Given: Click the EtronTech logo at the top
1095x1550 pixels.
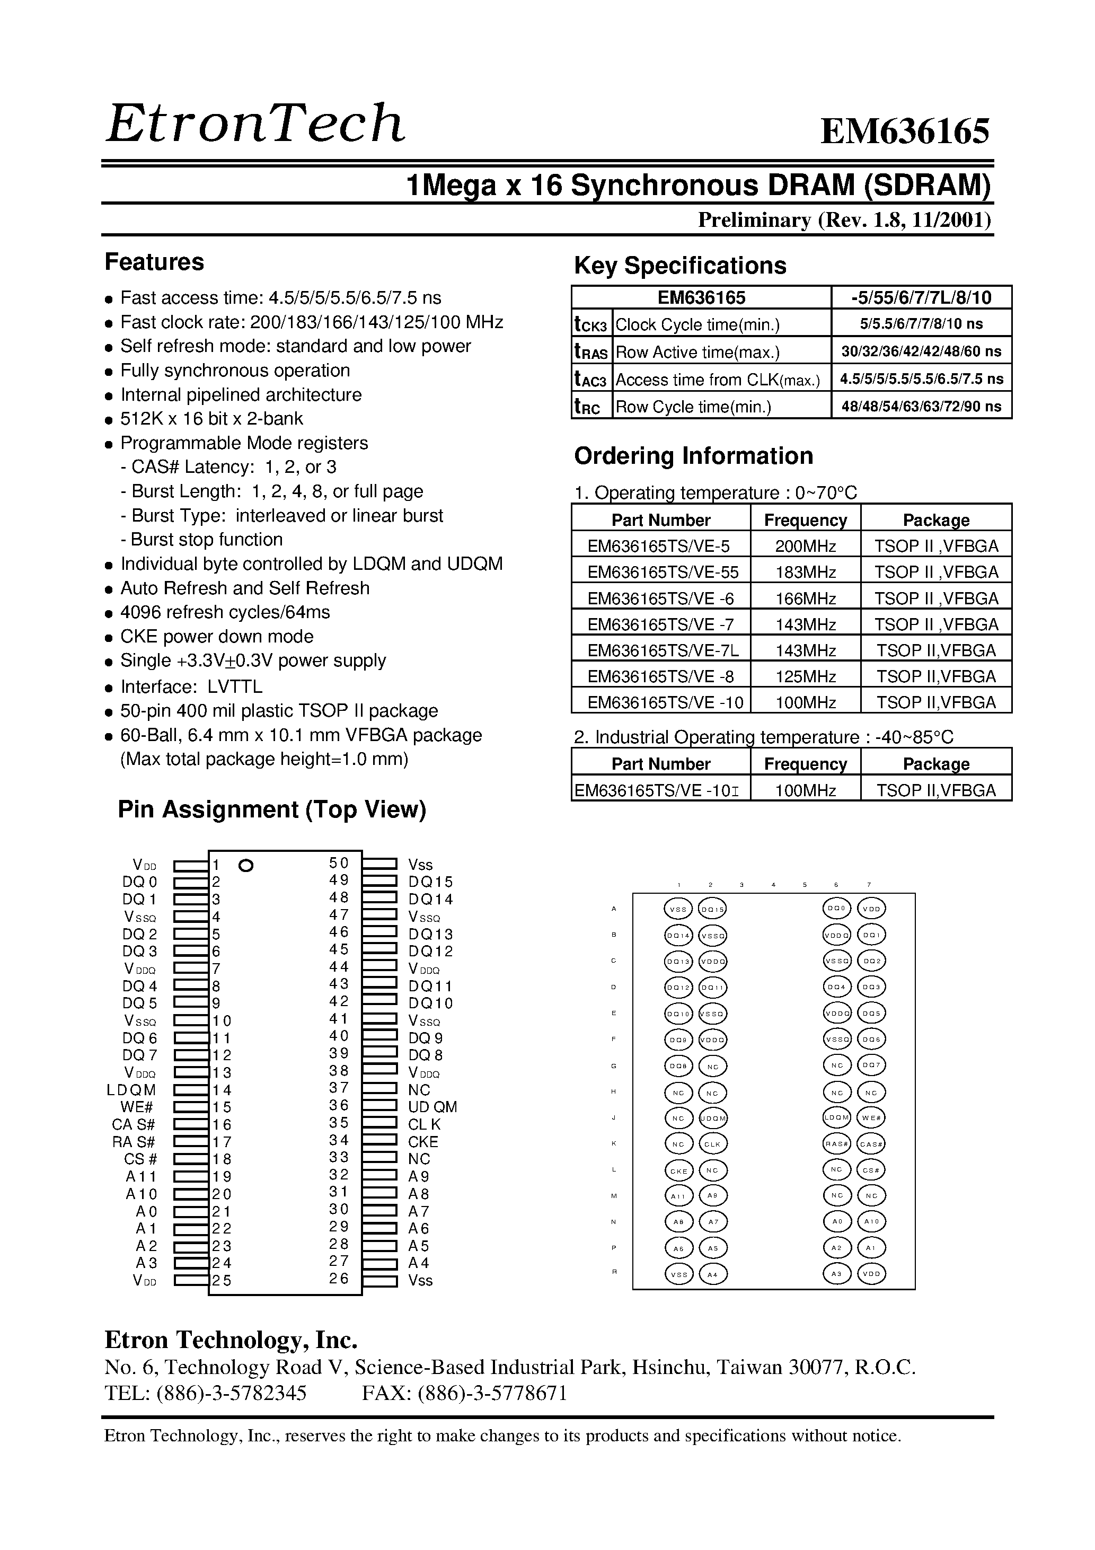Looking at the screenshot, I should (255, 124).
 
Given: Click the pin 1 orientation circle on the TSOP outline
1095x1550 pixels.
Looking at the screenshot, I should (246, 866).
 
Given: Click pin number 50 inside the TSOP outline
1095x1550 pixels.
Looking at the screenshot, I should (339, 864).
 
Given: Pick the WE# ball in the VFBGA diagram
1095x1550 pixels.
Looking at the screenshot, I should (871, 1118).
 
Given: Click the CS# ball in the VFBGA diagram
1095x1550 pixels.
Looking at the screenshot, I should (871, 1170).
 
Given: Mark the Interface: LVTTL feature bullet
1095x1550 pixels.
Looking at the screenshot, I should (190, 687).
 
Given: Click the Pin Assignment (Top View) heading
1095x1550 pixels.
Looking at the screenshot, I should (272, 809).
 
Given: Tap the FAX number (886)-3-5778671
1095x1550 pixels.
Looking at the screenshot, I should (464, 1393).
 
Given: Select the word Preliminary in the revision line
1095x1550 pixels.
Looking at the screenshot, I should (753, 220).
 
